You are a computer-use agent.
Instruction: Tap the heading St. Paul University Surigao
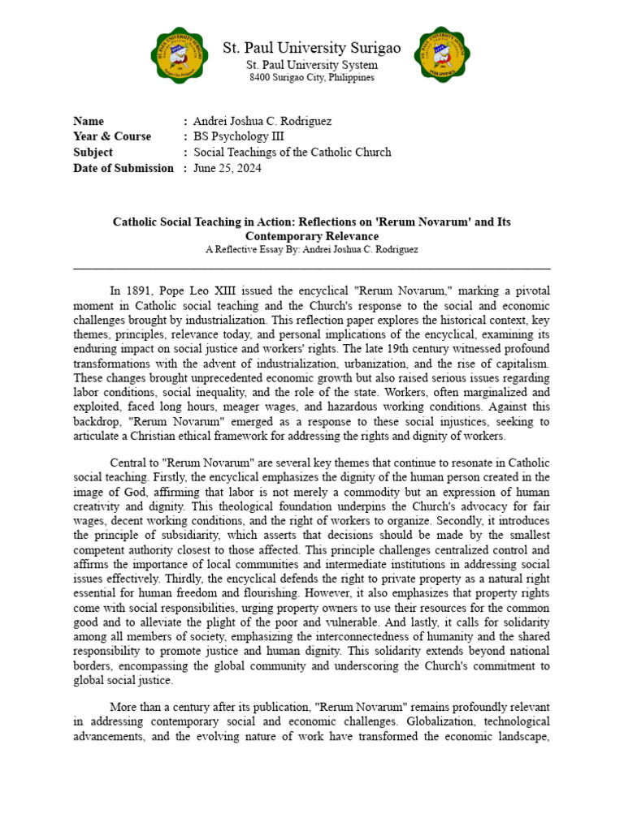[x=312, y=48]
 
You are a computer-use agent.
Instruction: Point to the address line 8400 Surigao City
[x=312, y=78]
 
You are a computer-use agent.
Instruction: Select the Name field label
[x=89, y=121]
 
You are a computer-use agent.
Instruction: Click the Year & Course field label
[x=112, y=136]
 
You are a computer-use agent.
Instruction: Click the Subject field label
[x=93, y=152]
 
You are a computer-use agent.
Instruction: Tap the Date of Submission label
[x=123, y=168]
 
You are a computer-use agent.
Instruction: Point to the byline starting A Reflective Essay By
[x=312, y=250]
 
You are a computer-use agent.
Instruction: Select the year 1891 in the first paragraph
[x=137, y=291]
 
